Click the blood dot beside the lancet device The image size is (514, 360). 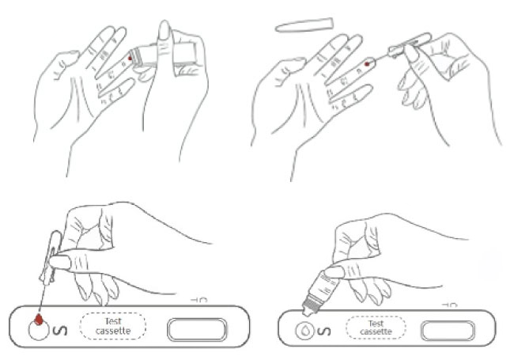130,58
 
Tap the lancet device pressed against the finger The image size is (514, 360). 163,55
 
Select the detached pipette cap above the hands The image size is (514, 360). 304,25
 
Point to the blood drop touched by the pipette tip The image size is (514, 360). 367,64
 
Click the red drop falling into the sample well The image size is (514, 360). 39,319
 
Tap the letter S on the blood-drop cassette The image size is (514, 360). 60,330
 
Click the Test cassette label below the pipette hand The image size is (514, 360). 113,326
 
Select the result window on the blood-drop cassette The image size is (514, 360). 197,329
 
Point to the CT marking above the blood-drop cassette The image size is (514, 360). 199,300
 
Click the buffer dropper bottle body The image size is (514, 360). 325,286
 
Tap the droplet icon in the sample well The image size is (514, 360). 305,331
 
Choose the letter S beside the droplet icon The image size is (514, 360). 324,332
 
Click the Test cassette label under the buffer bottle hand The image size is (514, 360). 376,328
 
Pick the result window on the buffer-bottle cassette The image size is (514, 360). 448,331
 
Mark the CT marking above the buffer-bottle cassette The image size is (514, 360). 449,305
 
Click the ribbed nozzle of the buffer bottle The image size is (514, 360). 310,306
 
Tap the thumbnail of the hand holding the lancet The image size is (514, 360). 164,31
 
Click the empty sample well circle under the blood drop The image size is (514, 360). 39,330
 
